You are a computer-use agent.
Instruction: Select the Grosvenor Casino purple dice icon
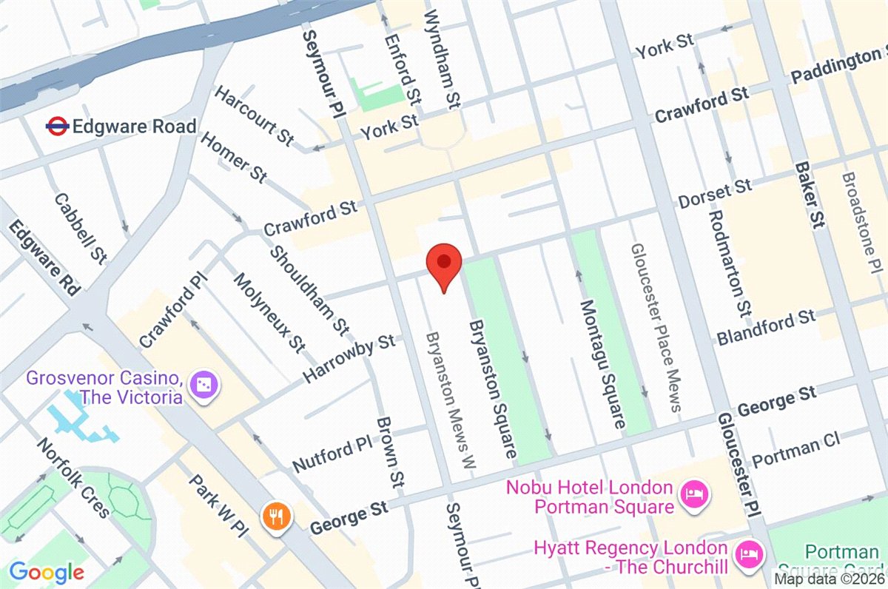click(x=201, y=384)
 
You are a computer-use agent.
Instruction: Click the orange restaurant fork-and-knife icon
click(x=277, y=515)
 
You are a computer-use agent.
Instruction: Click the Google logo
click(x=47, y=572)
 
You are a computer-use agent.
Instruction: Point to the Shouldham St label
click(x=308, y=289)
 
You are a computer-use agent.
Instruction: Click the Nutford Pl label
click(x=331, y=454)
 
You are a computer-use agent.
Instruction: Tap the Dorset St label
click(x=714, y=194)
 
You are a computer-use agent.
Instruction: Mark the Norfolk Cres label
click(x=73, y=478)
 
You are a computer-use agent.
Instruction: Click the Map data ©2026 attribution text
click(x=830, y=579)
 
